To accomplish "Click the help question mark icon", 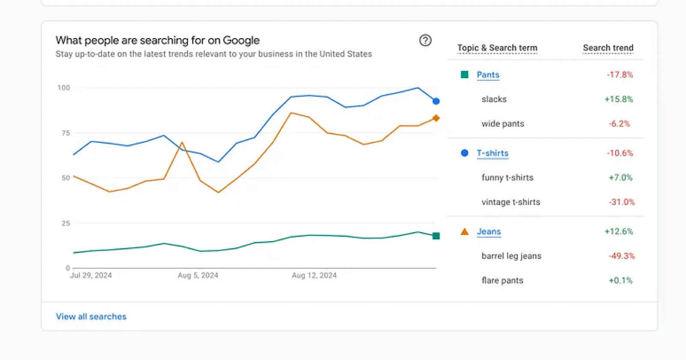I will (x=425, y=40).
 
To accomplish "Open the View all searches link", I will (x=91, y=316).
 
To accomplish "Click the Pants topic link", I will (x=488, y=75).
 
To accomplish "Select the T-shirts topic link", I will (x=492, y=153).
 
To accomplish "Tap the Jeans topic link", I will (x=489, y=231).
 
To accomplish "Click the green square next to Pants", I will (x=464, y=75).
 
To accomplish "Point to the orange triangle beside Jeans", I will (x=464, y=232).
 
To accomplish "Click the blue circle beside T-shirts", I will (x=464, y=153).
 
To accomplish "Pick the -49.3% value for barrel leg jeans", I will (x=622, y=256).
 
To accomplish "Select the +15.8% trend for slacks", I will (x=619, y=99).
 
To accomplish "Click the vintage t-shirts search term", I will (x=511, y=202).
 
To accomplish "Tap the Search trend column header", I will (x=608, y=48).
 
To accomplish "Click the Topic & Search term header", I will (x=497, y=48).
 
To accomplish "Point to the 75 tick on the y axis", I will (x=66, y=133).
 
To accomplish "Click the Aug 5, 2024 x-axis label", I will (x=198, y=275).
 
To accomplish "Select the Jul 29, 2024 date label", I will (x=90, y=275).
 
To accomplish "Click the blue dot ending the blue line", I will (x=436, y=101).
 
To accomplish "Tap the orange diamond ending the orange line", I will (x=436, y=118).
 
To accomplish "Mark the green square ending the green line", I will (x=436, y=236).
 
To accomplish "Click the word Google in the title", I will (x=241, y=40).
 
